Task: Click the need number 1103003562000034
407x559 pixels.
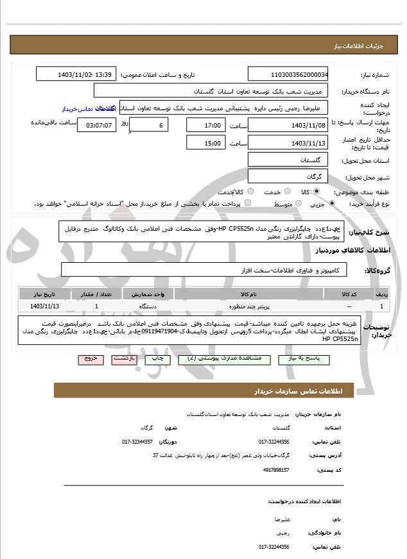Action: click(287, 75)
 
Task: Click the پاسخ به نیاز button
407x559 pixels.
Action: click(298, 360)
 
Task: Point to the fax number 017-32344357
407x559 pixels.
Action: click(137, 441)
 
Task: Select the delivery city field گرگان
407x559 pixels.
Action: click(287, 176)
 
